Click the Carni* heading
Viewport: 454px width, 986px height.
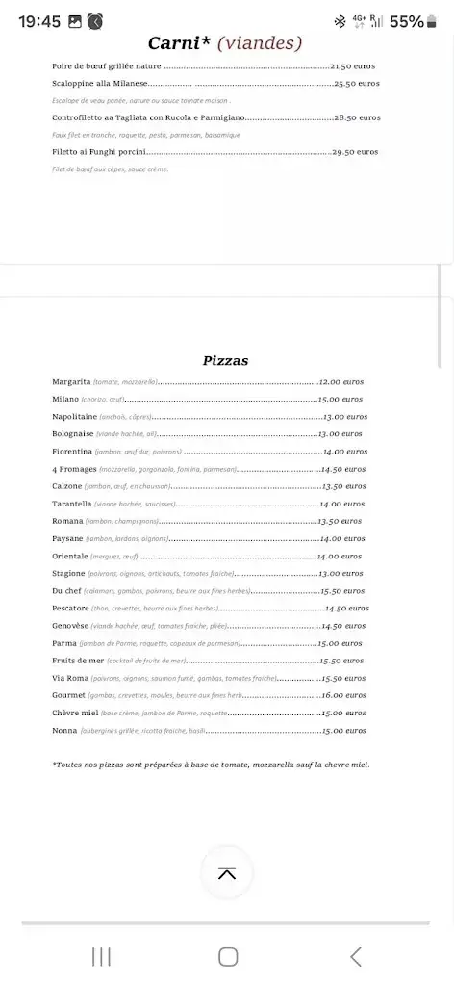[180, 43]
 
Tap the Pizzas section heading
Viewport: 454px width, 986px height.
[226, 361]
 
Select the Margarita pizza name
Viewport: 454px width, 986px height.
[71, 381]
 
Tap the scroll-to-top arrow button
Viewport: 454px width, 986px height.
[227, 873]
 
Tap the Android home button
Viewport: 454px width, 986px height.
[228, 956]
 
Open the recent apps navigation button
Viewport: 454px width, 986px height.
[101, 956]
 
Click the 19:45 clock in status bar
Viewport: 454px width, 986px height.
[39, 21]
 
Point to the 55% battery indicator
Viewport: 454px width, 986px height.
[406, 21]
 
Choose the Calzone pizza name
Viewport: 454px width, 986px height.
[67, 486]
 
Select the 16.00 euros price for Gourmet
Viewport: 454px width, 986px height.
[344, 695]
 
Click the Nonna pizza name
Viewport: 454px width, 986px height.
[64, 730]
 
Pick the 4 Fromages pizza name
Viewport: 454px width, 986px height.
[74, 469]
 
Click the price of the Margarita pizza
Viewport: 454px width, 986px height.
[342, 381]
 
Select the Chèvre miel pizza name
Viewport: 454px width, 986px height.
[75, 713]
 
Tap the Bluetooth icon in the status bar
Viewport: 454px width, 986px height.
[339, 21]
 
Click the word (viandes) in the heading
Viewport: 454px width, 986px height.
[260, 43]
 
